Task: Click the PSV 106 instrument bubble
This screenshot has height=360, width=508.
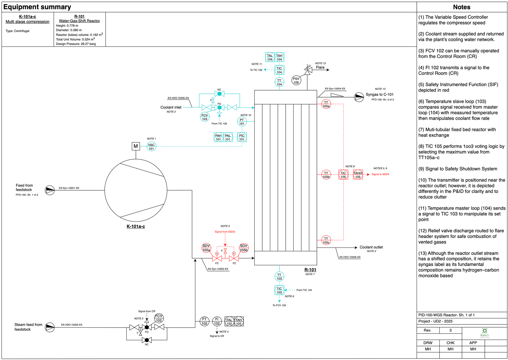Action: (296, 80)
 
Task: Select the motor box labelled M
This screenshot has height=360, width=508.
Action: (136, 146)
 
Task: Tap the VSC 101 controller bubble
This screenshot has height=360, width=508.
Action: (151, 147)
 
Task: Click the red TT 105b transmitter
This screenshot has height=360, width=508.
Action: (326, 175)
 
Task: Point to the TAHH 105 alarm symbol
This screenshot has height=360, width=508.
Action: (358, 175)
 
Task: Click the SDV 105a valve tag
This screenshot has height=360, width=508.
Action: (206, 248)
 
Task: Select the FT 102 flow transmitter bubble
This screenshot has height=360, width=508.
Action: (204, 321)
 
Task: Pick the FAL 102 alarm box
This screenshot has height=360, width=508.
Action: (229, 322)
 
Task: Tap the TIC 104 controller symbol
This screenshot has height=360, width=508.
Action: (279, 70)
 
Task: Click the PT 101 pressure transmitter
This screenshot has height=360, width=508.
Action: (242, 122)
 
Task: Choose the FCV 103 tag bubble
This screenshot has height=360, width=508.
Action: (205, 117)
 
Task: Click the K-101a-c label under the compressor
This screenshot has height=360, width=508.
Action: (136, 227)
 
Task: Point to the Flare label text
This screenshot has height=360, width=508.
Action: (320, 67)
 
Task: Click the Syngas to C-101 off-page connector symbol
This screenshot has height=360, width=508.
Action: (359, 97)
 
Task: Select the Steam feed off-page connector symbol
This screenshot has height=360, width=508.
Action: (50, 327)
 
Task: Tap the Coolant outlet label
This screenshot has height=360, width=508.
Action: (371, 247)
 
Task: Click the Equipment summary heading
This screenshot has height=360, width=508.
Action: (37, 7)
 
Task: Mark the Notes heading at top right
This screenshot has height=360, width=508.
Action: (461, 7)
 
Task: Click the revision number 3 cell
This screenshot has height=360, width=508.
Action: (450, 330)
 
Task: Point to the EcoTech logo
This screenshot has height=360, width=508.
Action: (485, 333)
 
